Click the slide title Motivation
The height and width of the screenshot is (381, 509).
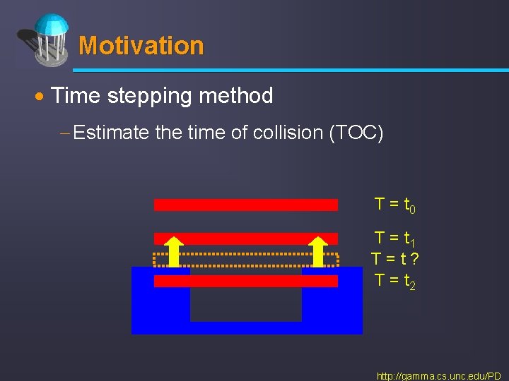(x=141, y=46)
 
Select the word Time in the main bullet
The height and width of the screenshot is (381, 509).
(x=76, y=95)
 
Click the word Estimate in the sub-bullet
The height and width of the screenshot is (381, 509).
(x=112, y=133)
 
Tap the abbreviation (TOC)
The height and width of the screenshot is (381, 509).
(x=356, y=133)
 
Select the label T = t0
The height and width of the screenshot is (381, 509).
(x=394, y=205)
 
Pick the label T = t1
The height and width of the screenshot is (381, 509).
(x=394, y=238)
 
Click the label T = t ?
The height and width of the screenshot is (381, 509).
(x=394, y=259)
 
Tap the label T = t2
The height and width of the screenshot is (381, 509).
(x=394, y=280)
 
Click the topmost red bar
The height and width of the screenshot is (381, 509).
(x=245, y=205)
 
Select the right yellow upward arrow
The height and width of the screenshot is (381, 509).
(x=319, y=251)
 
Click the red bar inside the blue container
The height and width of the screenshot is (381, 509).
(x=245, y=281)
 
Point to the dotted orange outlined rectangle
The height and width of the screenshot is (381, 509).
(x=245, y=260)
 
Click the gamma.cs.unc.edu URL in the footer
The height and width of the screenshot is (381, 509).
(x=438, y=376)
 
